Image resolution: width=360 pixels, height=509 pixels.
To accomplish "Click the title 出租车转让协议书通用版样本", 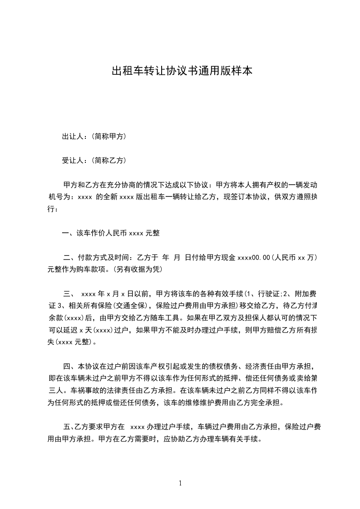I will click(x=182, y=71).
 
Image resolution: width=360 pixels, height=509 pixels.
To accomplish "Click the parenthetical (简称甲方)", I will click(x=108, y=137).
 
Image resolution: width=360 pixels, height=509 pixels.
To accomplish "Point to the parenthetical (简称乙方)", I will click(x=108, y=161).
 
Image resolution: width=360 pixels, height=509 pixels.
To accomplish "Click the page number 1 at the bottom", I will click(x=180, y=483).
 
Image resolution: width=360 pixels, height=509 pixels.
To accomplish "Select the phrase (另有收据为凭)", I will click(x=137, y=269).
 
